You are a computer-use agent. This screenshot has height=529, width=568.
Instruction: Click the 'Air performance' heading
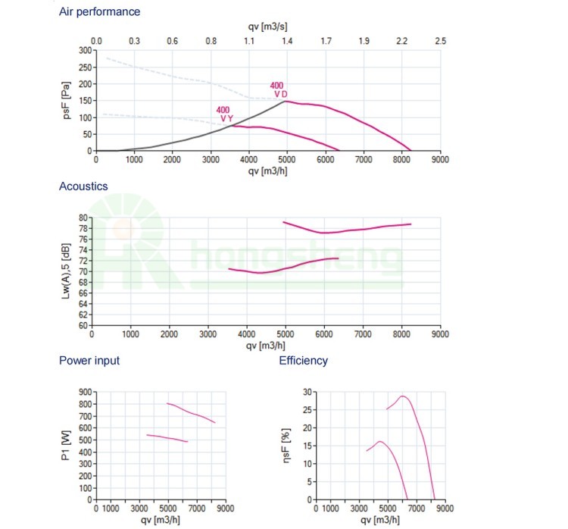99,12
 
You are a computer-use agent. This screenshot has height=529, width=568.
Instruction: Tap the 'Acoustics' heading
83,186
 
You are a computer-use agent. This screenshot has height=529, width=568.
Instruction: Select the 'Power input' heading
89,361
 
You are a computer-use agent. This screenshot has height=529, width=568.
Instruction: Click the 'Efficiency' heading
303,361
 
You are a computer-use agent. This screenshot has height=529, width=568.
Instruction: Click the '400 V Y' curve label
225,114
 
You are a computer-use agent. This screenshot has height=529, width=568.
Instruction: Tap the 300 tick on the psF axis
85,51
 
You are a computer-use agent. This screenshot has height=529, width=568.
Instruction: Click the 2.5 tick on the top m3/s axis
440,41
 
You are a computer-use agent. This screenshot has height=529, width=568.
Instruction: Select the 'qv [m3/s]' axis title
267,27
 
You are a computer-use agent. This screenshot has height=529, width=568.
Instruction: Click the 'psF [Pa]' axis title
67,100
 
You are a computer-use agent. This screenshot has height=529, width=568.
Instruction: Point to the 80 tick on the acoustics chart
83,218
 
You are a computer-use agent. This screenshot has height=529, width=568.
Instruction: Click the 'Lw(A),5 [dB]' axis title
67,271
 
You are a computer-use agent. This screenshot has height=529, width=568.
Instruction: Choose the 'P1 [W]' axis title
67,446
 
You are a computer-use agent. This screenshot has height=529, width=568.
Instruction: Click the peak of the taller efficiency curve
403,396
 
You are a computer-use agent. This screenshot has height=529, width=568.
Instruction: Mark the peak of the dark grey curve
286,101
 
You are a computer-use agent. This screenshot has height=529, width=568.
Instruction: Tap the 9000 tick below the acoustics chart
438,333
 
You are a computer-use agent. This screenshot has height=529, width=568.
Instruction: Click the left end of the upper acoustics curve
283,222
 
